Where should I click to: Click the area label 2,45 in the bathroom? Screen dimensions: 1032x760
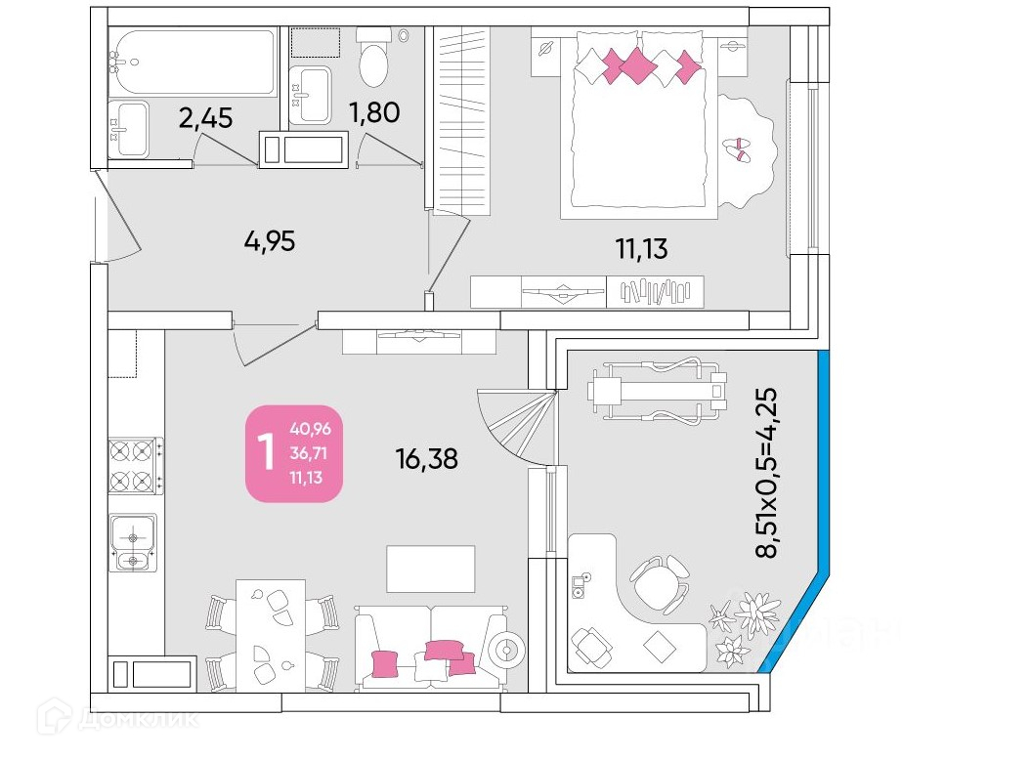205,118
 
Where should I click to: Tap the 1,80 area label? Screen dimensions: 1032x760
375,112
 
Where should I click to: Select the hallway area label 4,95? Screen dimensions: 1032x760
269,240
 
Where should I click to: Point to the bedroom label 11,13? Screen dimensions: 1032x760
641,249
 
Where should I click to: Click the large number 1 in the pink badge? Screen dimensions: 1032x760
265,453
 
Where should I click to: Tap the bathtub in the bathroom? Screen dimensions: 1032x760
193,62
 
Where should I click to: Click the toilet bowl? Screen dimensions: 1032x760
373,62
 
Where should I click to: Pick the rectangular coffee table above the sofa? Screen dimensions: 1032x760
430,569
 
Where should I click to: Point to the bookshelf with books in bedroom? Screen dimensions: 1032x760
655,291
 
